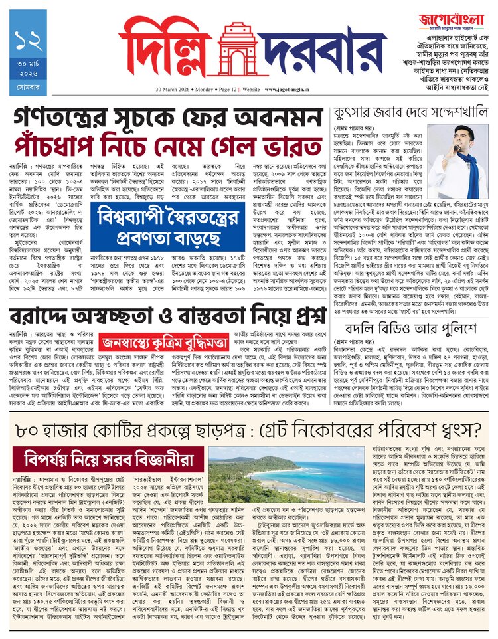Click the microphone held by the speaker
pyautogui.click(x=459, y=151)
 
